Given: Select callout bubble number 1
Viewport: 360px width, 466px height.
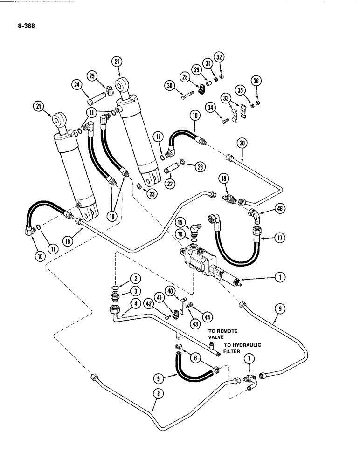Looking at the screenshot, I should point(279,278).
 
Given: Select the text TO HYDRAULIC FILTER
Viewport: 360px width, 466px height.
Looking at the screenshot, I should point(242,348).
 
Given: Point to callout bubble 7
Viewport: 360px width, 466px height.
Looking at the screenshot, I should point(249,358).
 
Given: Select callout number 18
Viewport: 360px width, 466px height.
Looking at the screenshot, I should point(224,179).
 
